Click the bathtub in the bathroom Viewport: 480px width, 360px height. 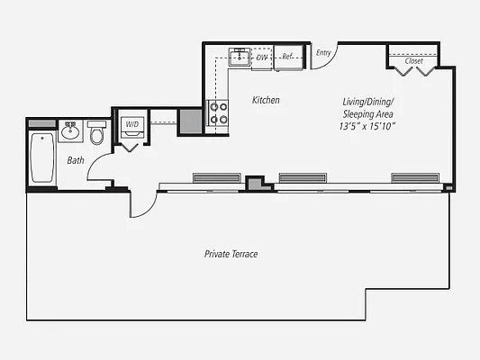tap(41, 157)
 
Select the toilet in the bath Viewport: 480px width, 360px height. tap(96, 134)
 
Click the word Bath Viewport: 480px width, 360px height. tap(76, 160)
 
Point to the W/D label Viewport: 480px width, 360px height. tap(132, 123)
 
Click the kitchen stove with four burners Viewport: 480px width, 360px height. tap(219, 112)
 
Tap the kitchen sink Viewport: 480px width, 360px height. tap(239, 58)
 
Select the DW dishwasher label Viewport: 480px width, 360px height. tap(262, 58)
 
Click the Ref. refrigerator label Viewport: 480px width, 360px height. tap(287, 58)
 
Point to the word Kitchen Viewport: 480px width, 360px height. tap(266, 100)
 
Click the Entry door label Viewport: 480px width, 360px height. tap(323, 52)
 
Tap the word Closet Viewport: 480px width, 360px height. tap(413, 61)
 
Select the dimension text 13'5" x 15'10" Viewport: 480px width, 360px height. tap(367, 128)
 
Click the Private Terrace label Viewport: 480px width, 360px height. tap(231, 255)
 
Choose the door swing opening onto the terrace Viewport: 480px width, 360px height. tap(141, 205)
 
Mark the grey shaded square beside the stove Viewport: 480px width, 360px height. tap(190, 120)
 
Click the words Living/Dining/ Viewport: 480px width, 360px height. tap(367, 101)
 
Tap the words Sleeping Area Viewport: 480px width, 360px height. tap(367, 114)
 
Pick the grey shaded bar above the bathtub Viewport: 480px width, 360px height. tap(41, 122)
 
